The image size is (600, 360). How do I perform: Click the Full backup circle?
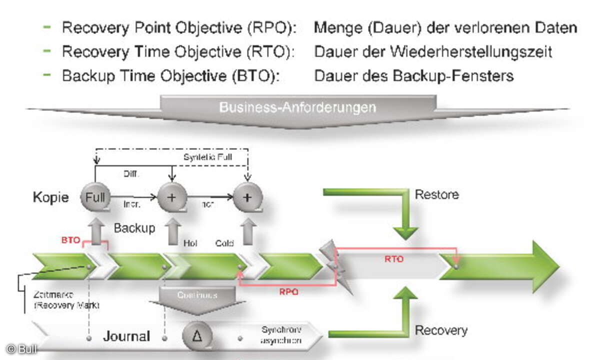[95, 197]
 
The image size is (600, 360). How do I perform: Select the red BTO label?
[71, 240]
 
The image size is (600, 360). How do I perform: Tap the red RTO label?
[394, 259]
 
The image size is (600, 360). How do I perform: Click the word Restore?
[436, 194]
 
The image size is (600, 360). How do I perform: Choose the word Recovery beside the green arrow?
[441, 330]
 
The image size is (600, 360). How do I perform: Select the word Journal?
[126, 336]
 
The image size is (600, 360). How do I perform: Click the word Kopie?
[50, 197]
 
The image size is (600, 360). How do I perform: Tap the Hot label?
[189, 243]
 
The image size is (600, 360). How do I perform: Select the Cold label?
[224, 243]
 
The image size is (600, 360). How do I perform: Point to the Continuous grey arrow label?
[197, 295]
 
